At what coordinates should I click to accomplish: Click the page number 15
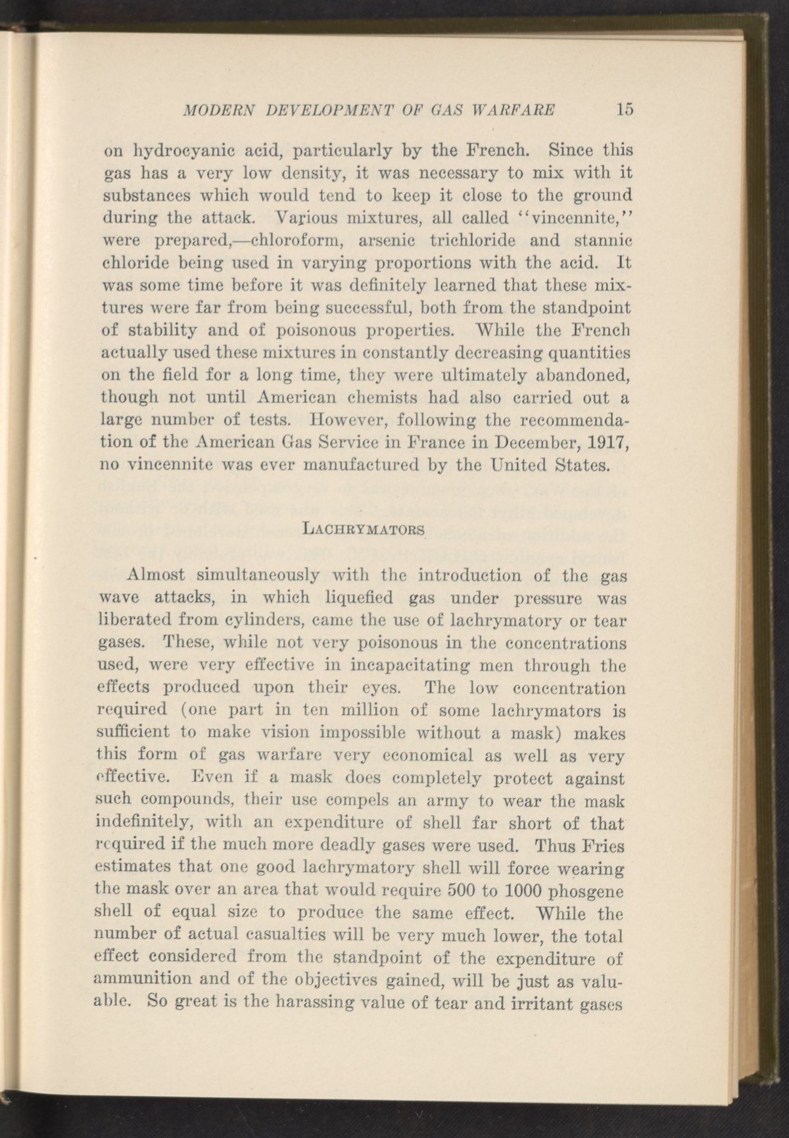click(x=624, y=109)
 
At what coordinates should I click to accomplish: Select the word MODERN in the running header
click(x=209, y=109)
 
